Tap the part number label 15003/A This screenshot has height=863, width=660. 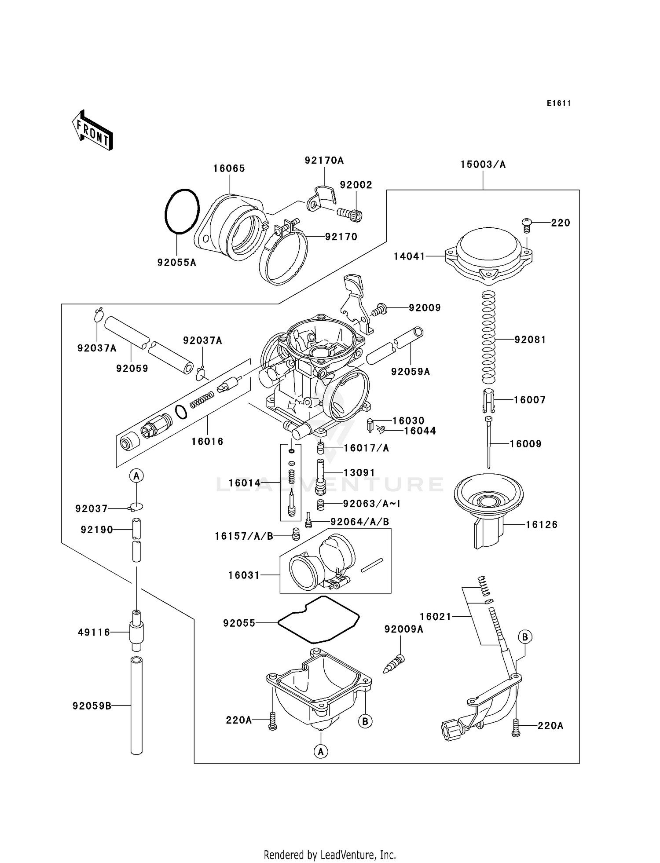[483, 165]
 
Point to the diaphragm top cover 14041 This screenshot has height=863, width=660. [488, 255]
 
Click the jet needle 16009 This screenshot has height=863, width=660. [488, 442]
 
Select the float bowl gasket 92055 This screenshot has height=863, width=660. [319, 619]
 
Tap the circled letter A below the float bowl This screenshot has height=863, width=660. [321, 751]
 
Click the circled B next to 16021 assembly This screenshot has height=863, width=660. [524, 636]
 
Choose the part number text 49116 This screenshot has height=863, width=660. [94, 633]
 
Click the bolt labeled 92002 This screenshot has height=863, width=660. [351, 215]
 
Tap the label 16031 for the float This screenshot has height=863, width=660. [244, 575]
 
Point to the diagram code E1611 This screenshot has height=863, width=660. [559, 103]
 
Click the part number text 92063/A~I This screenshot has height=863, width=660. [372, 504]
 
